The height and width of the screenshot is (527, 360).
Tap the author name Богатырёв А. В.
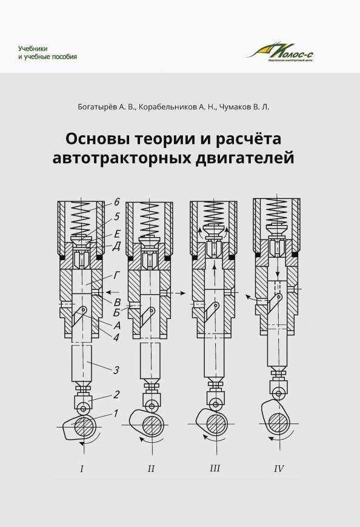tap(103, 106)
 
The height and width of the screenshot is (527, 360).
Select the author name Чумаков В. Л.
tap(244, 106)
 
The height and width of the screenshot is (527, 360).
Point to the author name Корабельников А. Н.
tap(176, 106)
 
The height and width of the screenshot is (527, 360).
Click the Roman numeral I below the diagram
tap(82, 468)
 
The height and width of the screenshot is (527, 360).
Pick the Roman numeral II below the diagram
tap(152, 468)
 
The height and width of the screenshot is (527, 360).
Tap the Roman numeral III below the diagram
tap(215, 468)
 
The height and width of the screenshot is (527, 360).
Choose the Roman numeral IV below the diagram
tap(279, 468)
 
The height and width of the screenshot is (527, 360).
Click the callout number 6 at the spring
tap(117, 201)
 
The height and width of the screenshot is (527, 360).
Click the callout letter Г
tap(115, 275)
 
